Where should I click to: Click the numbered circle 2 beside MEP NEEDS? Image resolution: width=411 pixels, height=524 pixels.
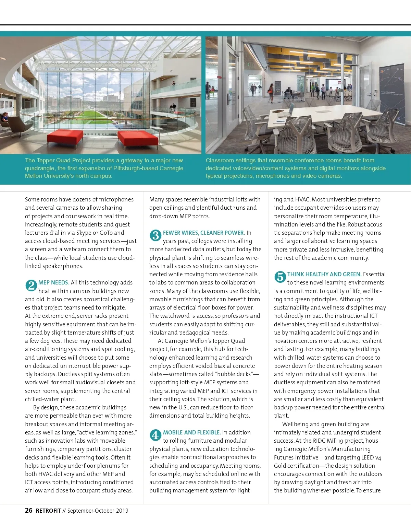[31, 286]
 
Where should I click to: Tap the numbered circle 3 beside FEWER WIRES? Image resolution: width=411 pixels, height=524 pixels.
[155, 235]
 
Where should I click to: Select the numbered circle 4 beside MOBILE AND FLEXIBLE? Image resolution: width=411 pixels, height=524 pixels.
[155, 435]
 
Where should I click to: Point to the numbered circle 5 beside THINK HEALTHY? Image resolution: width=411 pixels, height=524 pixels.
[280, 277]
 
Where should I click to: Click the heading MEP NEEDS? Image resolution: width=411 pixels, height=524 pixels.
[54, 282]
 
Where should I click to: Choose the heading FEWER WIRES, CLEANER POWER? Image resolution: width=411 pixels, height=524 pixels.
[204, 233]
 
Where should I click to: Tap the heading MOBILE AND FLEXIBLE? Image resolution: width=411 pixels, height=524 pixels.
[192, 432]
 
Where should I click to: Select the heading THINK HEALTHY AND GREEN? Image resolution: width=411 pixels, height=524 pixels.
[324, 274]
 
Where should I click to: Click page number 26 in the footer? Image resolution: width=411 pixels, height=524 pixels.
[29, 510]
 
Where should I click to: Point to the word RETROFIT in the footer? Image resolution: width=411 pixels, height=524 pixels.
[48, 511]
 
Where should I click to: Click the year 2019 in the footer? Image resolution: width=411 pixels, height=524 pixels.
[122, 511]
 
